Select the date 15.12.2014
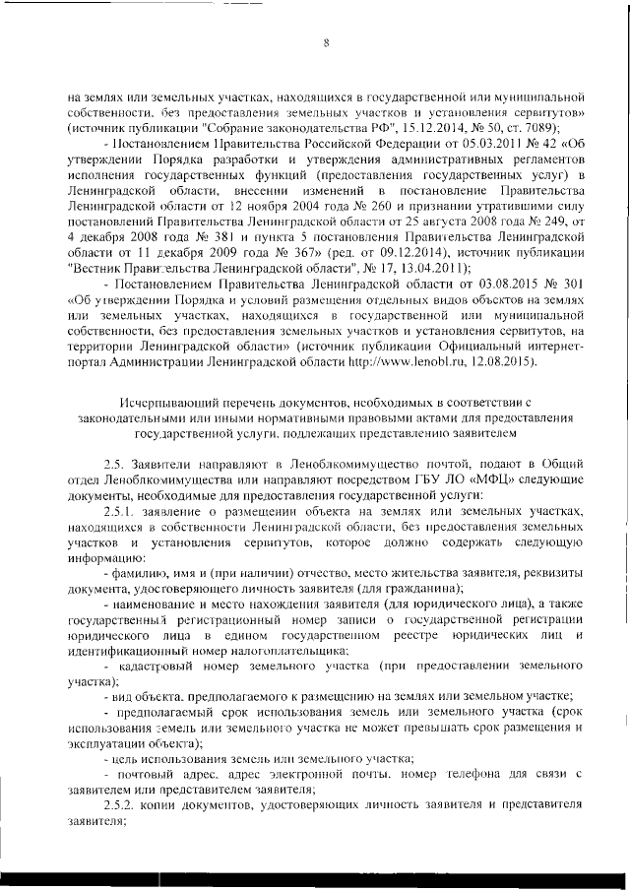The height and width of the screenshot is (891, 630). click(x=422, y=128)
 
